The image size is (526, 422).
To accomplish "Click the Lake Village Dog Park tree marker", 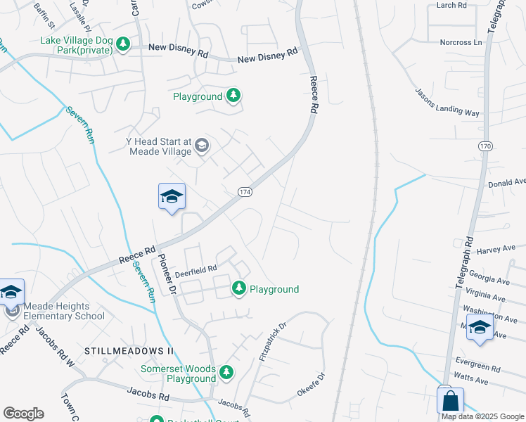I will coord(123,45).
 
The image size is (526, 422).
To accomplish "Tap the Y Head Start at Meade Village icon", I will coord(202,146).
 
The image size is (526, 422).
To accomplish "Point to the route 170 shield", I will coord(485,146).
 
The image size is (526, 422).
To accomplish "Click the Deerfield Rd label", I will coord(196,268).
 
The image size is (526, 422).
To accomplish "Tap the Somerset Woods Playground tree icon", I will coord(226,371).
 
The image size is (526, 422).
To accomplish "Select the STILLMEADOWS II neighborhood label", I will coord(129,350).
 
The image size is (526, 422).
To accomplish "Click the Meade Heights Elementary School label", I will coord(64,311).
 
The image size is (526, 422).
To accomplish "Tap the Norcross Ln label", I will coord(461,42).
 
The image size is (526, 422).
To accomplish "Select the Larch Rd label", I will coord(451,5).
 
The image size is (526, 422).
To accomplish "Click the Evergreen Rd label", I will coord(477,368).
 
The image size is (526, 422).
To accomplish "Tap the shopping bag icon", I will coord(450,401).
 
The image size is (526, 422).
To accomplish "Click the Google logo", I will coord(23,414).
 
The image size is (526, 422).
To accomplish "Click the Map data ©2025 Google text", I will coord(482,416).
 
